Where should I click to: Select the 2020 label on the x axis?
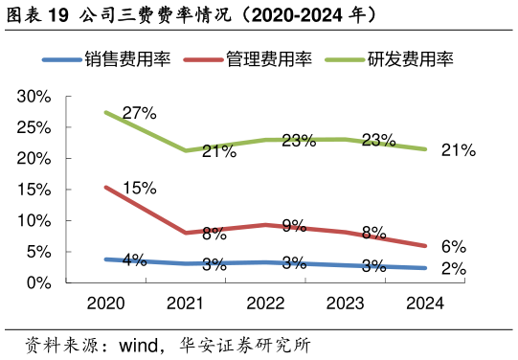(105, 304)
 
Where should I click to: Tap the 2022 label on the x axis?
(265, 304)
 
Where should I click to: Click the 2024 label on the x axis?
(425, 304)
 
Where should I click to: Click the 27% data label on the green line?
(139, 113)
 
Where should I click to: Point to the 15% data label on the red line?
(139, 188)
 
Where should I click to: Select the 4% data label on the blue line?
(134, 259)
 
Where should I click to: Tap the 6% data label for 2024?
(453, 246)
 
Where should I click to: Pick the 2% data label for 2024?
(453, 270)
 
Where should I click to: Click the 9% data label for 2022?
(294, 226)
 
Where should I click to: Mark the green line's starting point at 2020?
(105, 112)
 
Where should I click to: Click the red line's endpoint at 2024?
(425, 246)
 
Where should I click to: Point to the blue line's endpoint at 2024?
(425, 268)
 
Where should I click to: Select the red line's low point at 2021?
(185, 233)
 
